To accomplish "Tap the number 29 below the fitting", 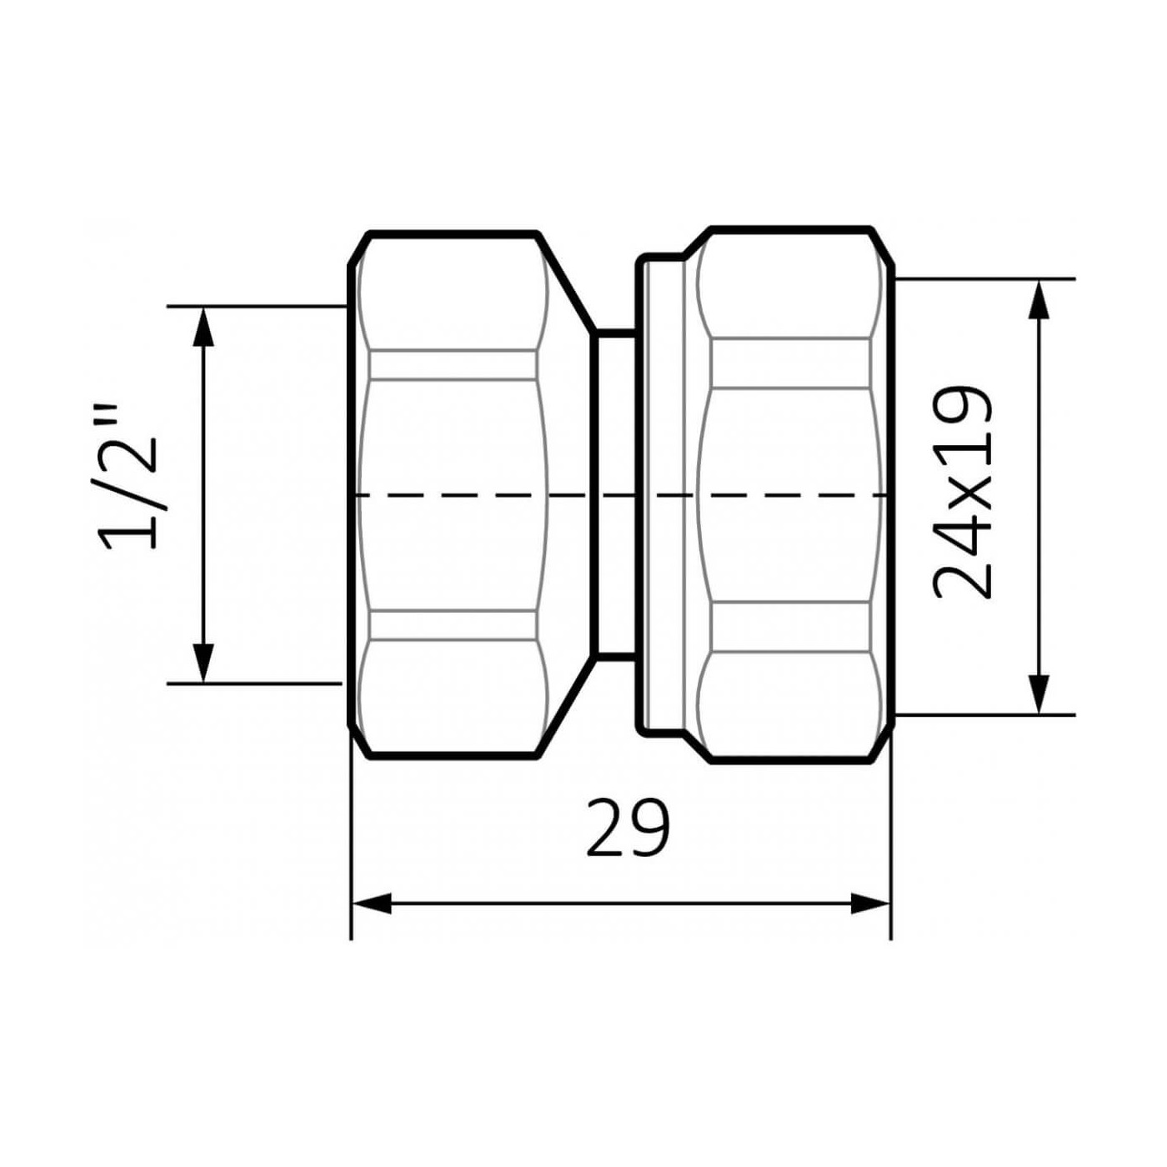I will point(627,829).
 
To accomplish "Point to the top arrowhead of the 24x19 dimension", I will point(1038,300).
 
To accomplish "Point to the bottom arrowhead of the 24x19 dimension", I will point(1038,694).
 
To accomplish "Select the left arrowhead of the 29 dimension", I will point(372,903).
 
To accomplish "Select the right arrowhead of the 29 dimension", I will point(870,903).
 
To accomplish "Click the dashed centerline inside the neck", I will point(617,495).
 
